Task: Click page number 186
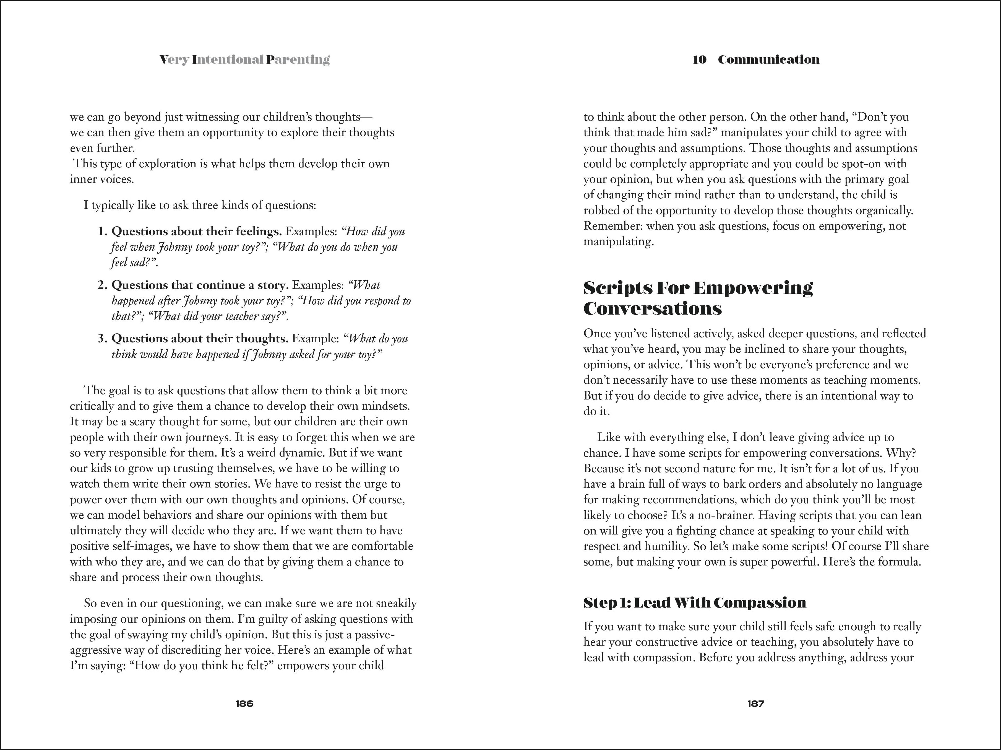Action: pyautogui.click(x=244, y=703)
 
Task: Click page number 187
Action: pyautogui.click(x=756, y=703)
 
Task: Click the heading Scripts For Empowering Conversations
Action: pyautogui.click(x=698, y=298)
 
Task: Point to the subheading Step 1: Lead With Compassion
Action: pyautogui.click(x=695, y=603)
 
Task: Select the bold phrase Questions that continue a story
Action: pyautogui.click(x=200, y=285)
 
